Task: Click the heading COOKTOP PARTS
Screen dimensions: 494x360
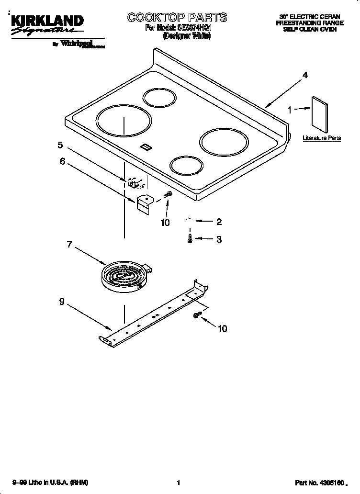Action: [x=177, y=18]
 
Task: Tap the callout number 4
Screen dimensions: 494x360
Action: [x=304, y=75]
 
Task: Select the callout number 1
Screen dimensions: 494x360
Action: [x=289, y=110]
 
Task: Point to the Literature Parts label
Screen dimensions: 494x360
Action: [x=321, y=138]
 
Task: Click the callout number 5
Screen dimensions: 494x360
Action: [x=60, y=145]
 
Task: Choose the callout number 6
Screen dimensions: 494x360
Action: [x=62, y=161]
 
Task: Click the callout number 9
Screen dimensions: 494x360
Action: [x=62, y=302]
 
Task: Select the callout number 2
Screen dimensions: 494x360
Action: [x=219, y=222]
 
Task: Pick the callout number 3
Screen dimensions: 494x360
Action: [x=219, y=239]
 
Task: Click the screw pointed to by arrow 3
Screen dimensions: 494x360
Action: [x=191, y=238]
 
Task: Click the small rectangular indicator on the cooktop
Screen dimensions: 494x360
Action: [x=146, y=147]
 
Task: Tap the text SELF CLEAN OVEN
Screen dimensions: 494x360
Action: [x=310, y=29]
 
